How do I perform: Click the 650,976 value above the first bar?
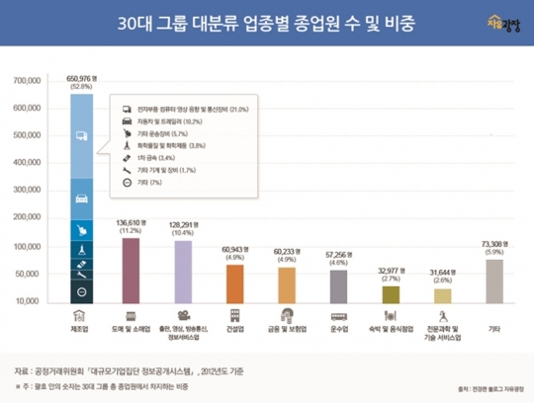[x=81, y=78]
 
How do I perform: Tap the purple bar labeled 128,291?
[x=183, y=271]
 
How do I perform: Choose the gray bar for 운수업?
[x=338, y=284]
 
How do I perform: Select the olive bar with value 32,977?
[x=391, y=293]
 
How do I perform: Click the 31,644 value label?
[x=442, y=272]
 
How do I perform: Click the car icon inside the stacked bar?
[x=81, y=200]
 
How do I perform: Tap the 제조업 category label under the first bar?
[x=81, y=327]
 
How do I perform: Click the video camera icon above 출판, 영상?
[x=183, y=315]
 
